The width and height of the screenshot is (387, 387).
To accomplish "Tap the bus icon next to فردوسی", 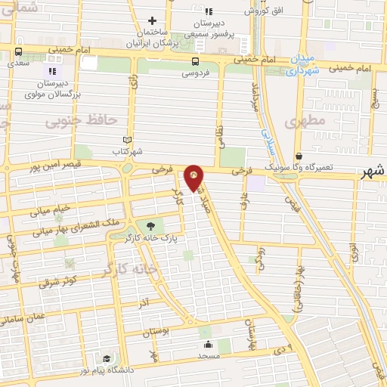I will click(196, 61).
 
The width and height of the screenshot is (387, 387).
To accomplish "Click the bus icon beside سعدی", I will click(19, 52).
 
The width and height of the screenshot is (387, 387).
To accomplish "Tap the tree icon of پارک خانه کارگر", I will click(150, 225).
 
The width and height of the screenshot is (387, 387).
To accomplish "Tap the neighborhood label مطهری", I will click(306, 119).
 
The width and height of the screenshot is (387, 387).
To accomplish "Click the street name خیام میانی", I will click(50, 209).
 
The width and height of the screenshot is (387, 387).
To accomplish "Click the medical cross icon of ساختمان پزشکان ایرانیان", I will click(152, 20).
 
